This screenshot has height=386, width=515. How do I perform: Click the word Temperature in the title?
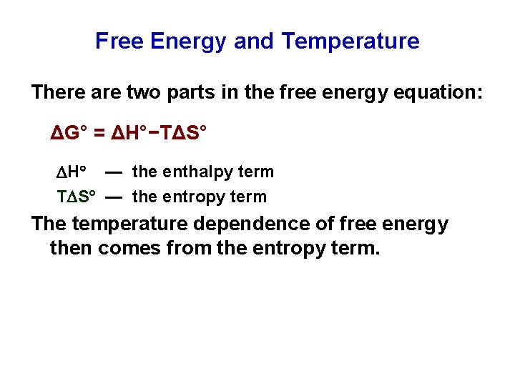pos(350,41)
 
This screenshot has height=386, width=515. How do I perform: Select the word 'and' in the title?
pos(253,41)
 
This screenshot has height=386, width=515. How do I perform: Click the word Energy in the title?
pos(187,41)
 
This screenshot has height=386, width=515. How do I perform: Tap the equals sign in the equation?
pos(99,132)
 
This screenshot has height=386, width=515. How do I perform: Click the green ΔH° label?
pos(72,172)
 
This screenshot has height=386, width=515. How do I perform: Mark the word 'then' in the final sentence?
pos(71,249)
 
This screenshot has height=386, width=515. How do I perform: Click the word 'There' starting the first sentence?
pos(57,92)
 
